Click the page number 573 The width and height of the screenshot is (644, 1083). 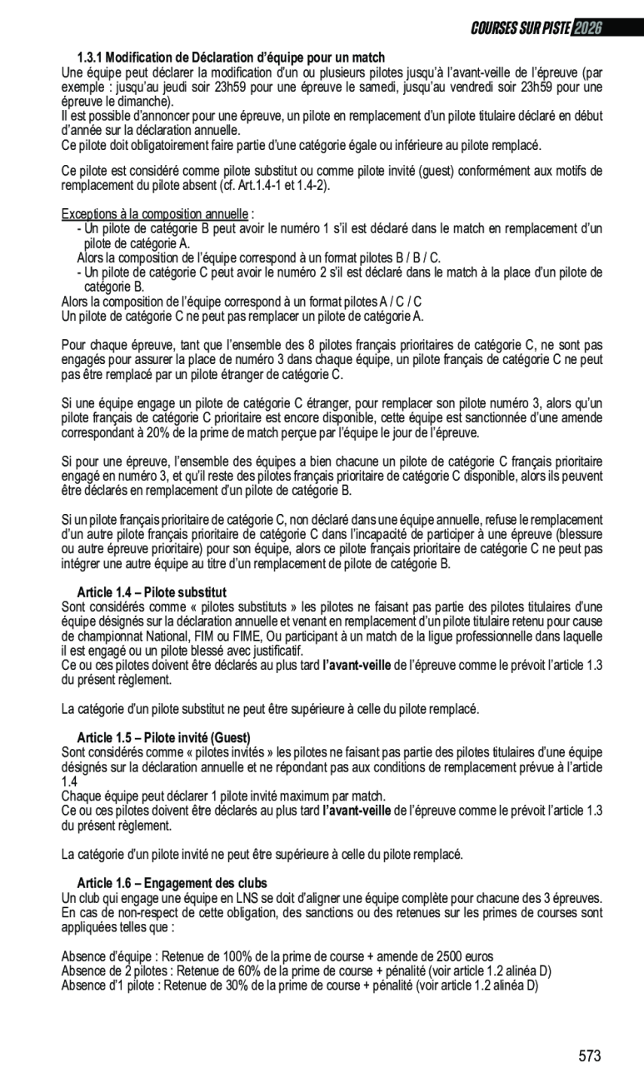[x=589, y=1056]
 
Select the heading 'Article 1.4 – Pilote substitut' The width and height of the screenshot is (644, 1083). [x=152, y=592]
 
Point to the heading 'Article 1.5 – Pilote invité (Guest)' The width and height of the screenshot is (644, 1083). [x=163, y=738]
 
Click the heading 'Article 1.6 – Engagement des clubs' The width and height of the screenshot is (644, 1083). [x=172, y=883]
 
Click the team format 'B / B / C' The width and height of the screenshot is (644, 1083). [x=414, y=258]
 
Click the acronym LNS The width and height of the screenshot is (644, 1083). [x=231, y=898]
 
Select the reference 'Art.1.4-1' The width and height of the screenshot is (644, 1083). [x=259, y=185]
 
